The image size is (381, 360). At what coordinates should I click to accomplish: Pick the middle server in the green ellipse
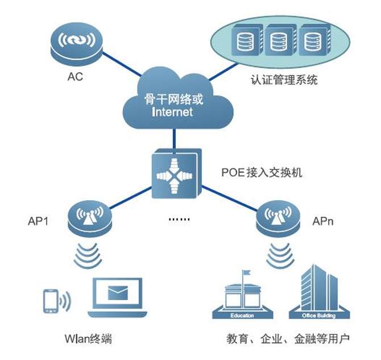coord(277,42)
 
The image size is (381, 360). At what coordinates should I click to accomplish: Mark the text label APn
coord(322,220)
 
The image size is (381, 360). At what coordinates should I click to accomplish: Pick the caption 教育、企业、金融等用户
coord(287,340)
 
